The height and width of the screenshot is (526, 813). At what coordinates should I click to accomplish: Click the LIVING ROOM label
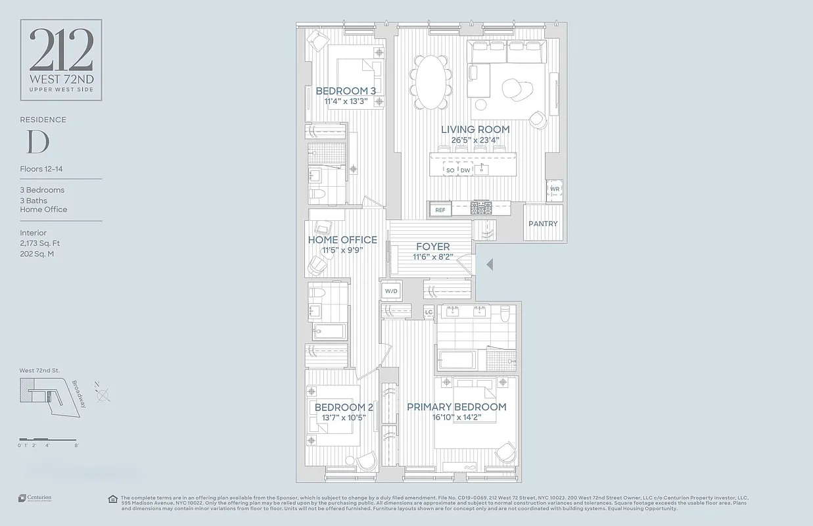pos(475,130)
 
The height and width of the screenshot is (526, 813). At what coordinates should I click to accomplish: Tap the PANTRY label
pos(543,224)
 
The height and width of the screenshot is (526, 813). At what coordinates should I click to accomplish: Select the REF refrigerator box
pos(440,210)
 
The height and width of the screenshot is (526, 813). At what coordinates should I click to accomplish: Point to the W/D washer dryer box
pos(391,291)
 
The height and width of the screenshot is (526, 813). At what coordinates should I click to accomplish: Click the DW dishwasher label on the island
pos(465,170)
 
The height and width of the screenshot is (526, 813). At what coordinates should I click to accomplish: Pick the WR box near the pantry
pos(554,189)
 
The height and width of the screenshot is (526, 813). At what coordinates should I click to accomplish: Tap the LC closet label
pos(429,312)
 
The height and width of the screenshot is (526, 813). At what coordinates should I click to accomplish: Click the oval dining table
pos(431,82)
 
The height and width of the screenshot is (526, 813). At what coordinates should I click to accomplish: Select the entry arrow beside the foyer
pos(488,264)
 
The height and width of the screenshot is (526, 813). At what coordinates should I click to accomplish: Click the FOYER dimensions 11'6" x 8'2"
pos(432,257)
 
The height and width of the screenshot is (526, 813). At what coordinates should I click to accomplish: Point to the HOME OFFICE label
pos(342,240)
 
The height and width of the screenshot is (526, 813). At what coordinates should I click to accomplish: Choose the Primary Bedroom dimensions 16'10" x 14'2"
pos(456,418)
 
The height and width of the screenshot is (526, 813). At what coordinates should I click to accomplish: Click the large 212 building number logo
pos(61,52)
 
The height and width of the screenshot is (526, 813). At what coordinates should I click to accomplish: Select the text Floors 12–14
pos(41,169)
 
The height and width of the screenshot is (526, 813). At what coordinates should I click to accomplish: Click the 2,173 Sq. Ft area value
pos(39,243)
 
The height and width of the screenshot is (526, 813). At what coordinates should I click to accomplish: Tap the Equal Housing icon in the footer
pos(113,499)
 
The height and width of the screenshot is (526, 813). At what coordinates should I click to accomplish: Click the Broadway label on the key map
pos(79,394)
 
